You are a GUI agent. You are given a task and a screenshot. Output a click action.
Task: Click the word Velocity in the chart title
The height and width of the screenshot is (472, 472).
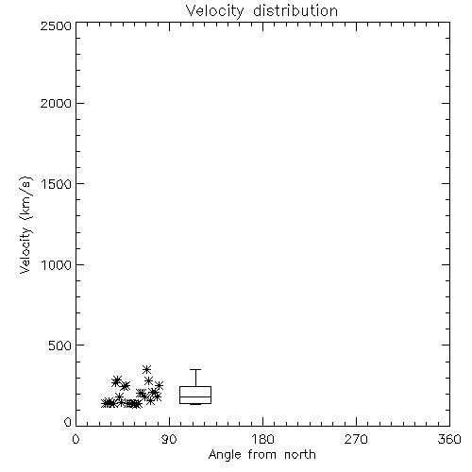click(x=215, y=11)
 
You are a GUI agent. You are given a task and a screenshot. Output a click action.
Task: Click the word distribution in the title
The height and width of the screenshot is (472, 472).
click(x=295, y=10)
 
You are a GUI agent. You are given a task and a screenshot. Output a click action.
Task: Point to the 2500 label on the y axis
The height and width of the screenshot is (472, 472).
click(x=56, y=25)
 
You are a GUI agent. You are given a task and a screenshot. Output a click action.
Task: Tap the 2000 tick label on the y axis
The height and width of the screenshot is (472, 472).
click(x=56, y=104)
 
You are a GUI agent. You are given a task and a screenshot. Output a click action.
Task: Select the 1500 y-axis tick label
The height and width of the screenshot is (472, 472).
click(x=57, y=184)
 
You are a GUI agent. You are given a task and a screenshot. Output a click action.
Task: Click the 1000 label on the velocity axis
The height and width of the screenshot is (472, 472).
click(x=57, y=265)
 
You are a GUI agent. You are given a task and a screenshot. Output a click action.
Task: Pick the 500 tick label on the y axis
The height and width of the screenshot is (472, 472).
click(x=60, y=346)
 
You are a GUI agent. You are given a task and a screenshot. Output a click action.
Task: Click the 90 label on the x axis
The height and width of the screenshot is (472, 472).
click(x=169, y=439)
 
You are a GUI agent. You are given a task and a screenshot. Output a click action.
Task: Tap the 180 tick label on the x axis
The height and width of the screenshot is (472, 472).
click(x=262, y=439)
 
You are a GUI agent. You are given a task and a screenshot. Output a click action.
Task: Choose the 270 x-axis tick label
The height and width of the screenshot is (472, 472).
click(x=356, y=439)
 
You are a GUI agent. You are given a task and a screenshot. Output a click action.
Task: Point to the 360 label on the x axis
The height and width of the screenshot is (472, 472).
click(x=449, y=439)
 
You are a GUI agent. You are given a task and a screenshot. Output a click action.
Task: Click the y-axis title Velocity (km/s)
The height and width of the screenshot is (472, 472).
click(x=25, y=225)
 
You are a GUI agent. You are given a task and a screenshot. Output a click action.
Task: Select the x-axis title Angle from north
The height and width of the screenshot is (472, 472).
click(x=262, y=455)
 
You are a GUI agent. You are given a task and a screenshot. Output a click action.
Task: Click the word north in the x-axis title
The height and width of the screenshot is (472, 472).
click(x=300, y=455)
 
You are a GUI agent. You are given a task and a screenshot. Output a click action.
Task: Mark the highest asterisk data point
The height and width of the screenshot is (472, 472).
click(x=146, y=369)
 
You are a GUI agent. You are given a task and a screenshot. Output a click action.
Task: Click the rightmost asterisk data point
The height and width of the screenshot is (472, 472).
click(x=159, y=385)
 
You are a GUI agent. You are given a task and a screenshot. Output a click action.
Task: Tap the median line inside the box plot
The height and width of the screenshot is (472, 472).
click(x=195, y=396)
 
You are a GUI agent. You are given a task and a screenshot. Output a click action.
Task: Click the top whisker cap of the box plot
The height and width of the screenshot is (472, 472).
click(x=195, y=370)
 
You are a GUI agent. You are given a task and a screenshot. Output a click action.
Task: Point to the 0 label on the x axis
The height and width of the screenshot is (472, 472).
click(x=76, y=439)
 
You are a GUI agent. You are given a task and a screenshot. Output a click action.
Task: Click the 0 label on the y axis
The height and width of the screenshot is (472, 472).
click(x=68, y=422)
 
